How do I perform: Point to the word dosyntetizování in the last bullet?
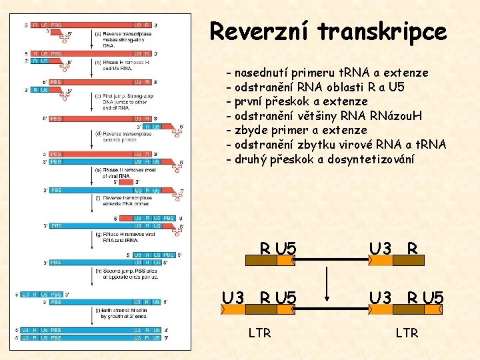(x=370, y=159)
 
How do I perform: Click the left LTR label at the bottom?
(x=259, y=333)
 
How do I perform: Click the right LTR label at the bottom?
(x=406, y=333)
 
